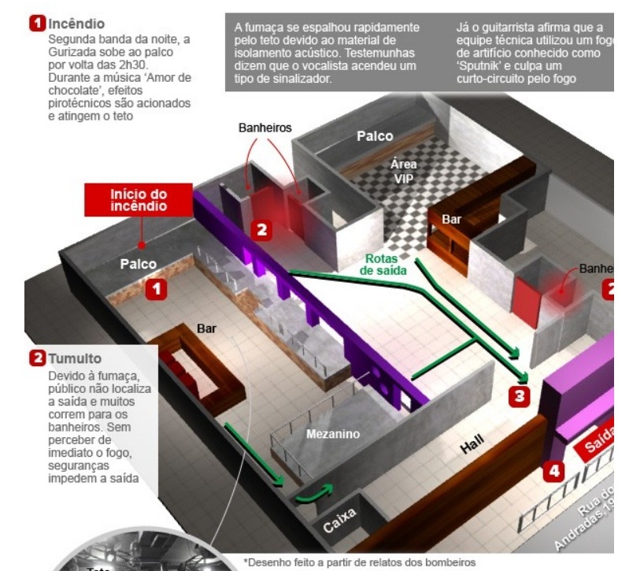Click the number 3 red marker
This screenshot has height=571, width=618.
[517, 396]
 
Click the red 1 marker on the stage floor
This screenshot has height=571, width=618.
[158, 290]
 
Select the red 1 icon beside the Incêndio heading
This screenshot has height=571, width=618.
[35, 24]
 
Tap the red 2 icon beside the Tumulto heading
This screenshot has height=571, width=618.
[36, 359]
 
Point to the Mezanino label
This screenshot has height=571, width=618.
[334, 434]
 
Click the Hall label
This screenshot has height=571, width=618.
[474, 449]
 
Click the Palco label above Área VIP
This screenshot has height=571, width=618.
[374, 136]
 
